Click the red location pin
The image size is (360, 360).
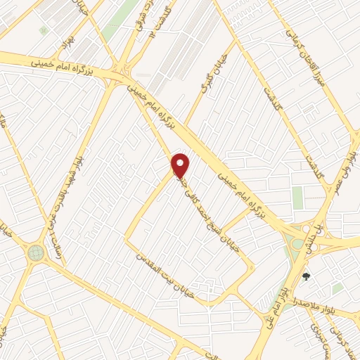click(181, 166)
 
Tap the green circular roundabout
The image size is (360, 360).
click(35, 252)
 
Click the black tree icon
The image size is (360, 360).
click(306, 276)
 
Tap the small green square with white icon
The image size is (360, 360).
click(44, 30)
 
